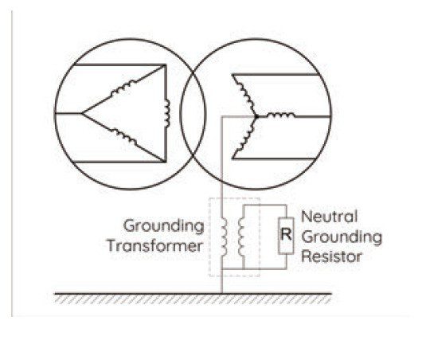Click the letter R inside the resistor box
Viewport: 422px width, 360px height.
[286, 234]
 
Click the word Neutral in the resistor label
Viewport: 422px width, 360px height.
[329, 217]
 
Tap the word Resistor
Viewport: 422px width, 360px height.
[331, 256]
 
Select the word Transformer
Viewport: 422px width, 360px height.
[154, 246]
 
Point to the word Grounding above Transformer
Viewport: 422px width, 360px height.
[164, 226]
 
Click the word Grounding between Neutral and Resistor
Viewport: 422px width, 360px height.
[342, 237]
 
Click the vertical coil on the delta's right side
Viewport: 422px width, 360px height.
[167, 113]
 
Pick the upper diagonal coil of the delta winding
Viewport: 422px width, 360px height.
[124, 87]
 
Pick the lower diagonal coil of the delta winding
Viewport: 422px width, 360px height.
[124, 136]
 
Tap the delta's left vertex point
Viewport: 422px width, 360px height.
[82, 113]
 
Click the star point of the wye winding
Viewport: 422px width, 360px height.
[256, 116]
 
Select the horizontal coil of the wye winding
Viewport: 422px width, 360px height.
[281, 115]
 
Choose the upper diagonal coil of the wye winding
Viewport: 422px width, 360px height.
[244, 95]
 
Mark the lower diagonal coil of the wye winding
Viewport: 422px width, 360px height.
[244, 138]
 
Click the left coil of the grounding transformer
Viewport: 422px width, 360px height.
[224, 237]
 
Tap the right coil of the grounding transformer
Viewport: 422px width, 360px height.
[241, 237]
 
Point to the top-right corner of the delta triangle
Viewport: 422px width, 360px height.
[165, 65]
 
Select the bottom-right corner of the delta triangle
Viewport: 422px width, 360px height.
[165, 162]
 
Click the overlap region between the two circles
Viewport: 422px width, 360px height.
[193, 114]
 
